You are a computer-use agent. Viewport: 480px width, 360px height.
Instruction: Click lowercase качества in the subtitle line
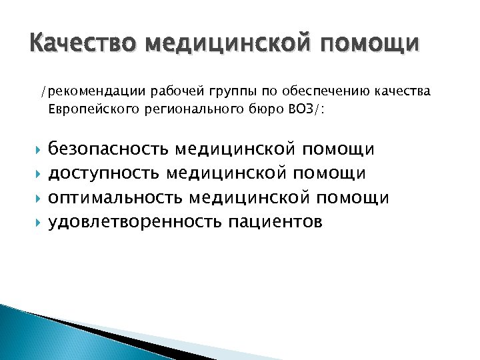click(401, 91)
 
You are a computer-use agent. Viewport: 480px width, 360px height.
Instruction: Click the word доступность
click(103, 173)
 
